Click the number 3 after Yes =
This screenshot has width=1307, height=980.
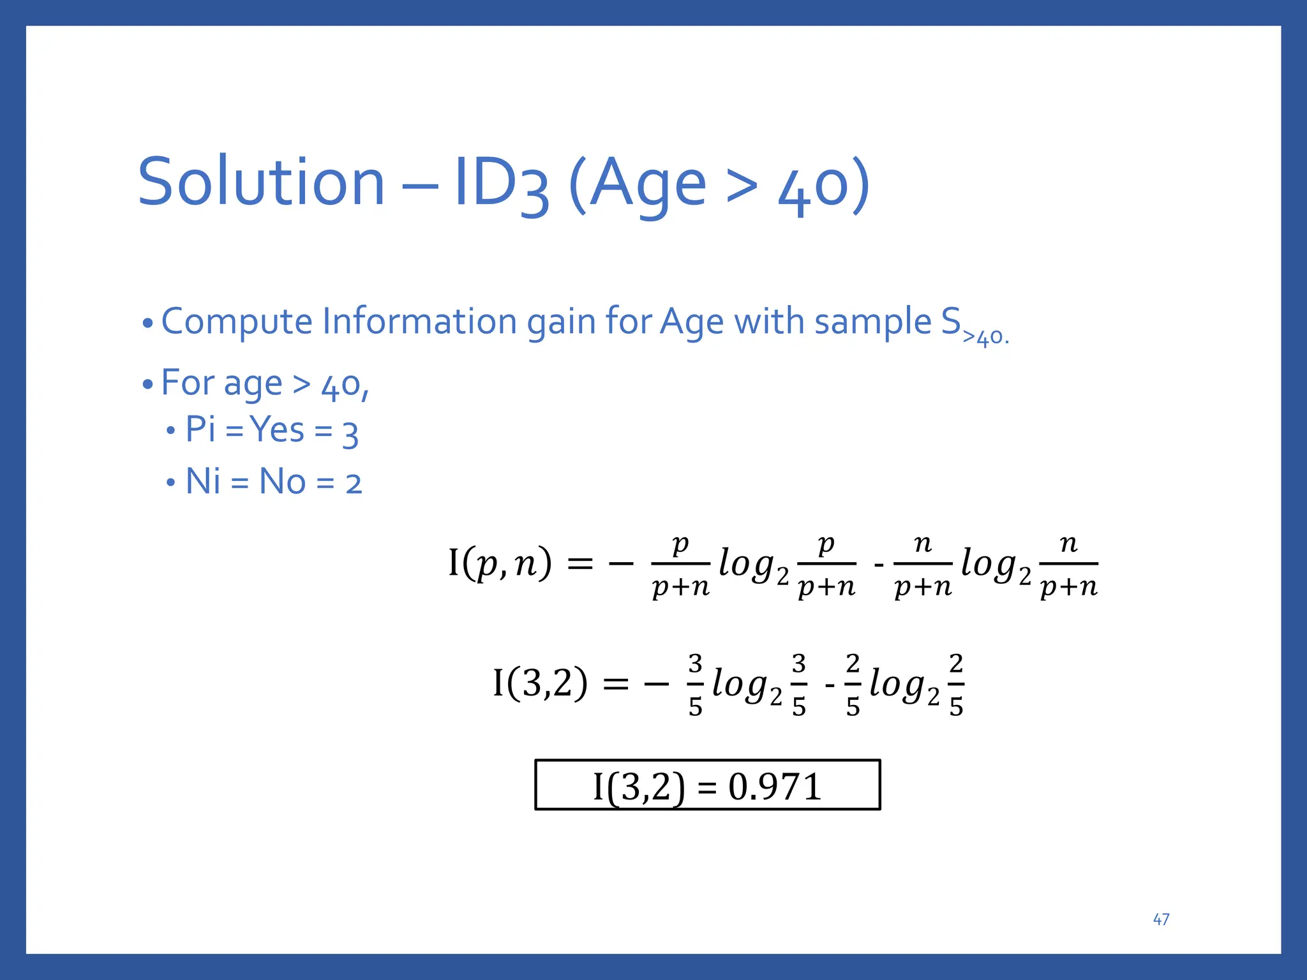click(350, 434)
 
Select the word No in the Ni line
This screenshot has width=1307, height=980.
click(282, 481)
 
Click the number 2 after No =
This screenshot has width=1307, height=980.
click(354, 484)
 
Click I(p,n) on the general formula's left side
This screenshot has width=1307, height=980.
click(500, 563)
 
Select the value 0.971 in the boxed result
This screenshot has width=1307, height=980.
click(774, 787)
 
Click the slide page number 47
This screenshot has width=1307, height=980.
click(1161, 919)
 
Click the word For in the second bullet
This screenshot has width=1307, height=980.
click(188, 383)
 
